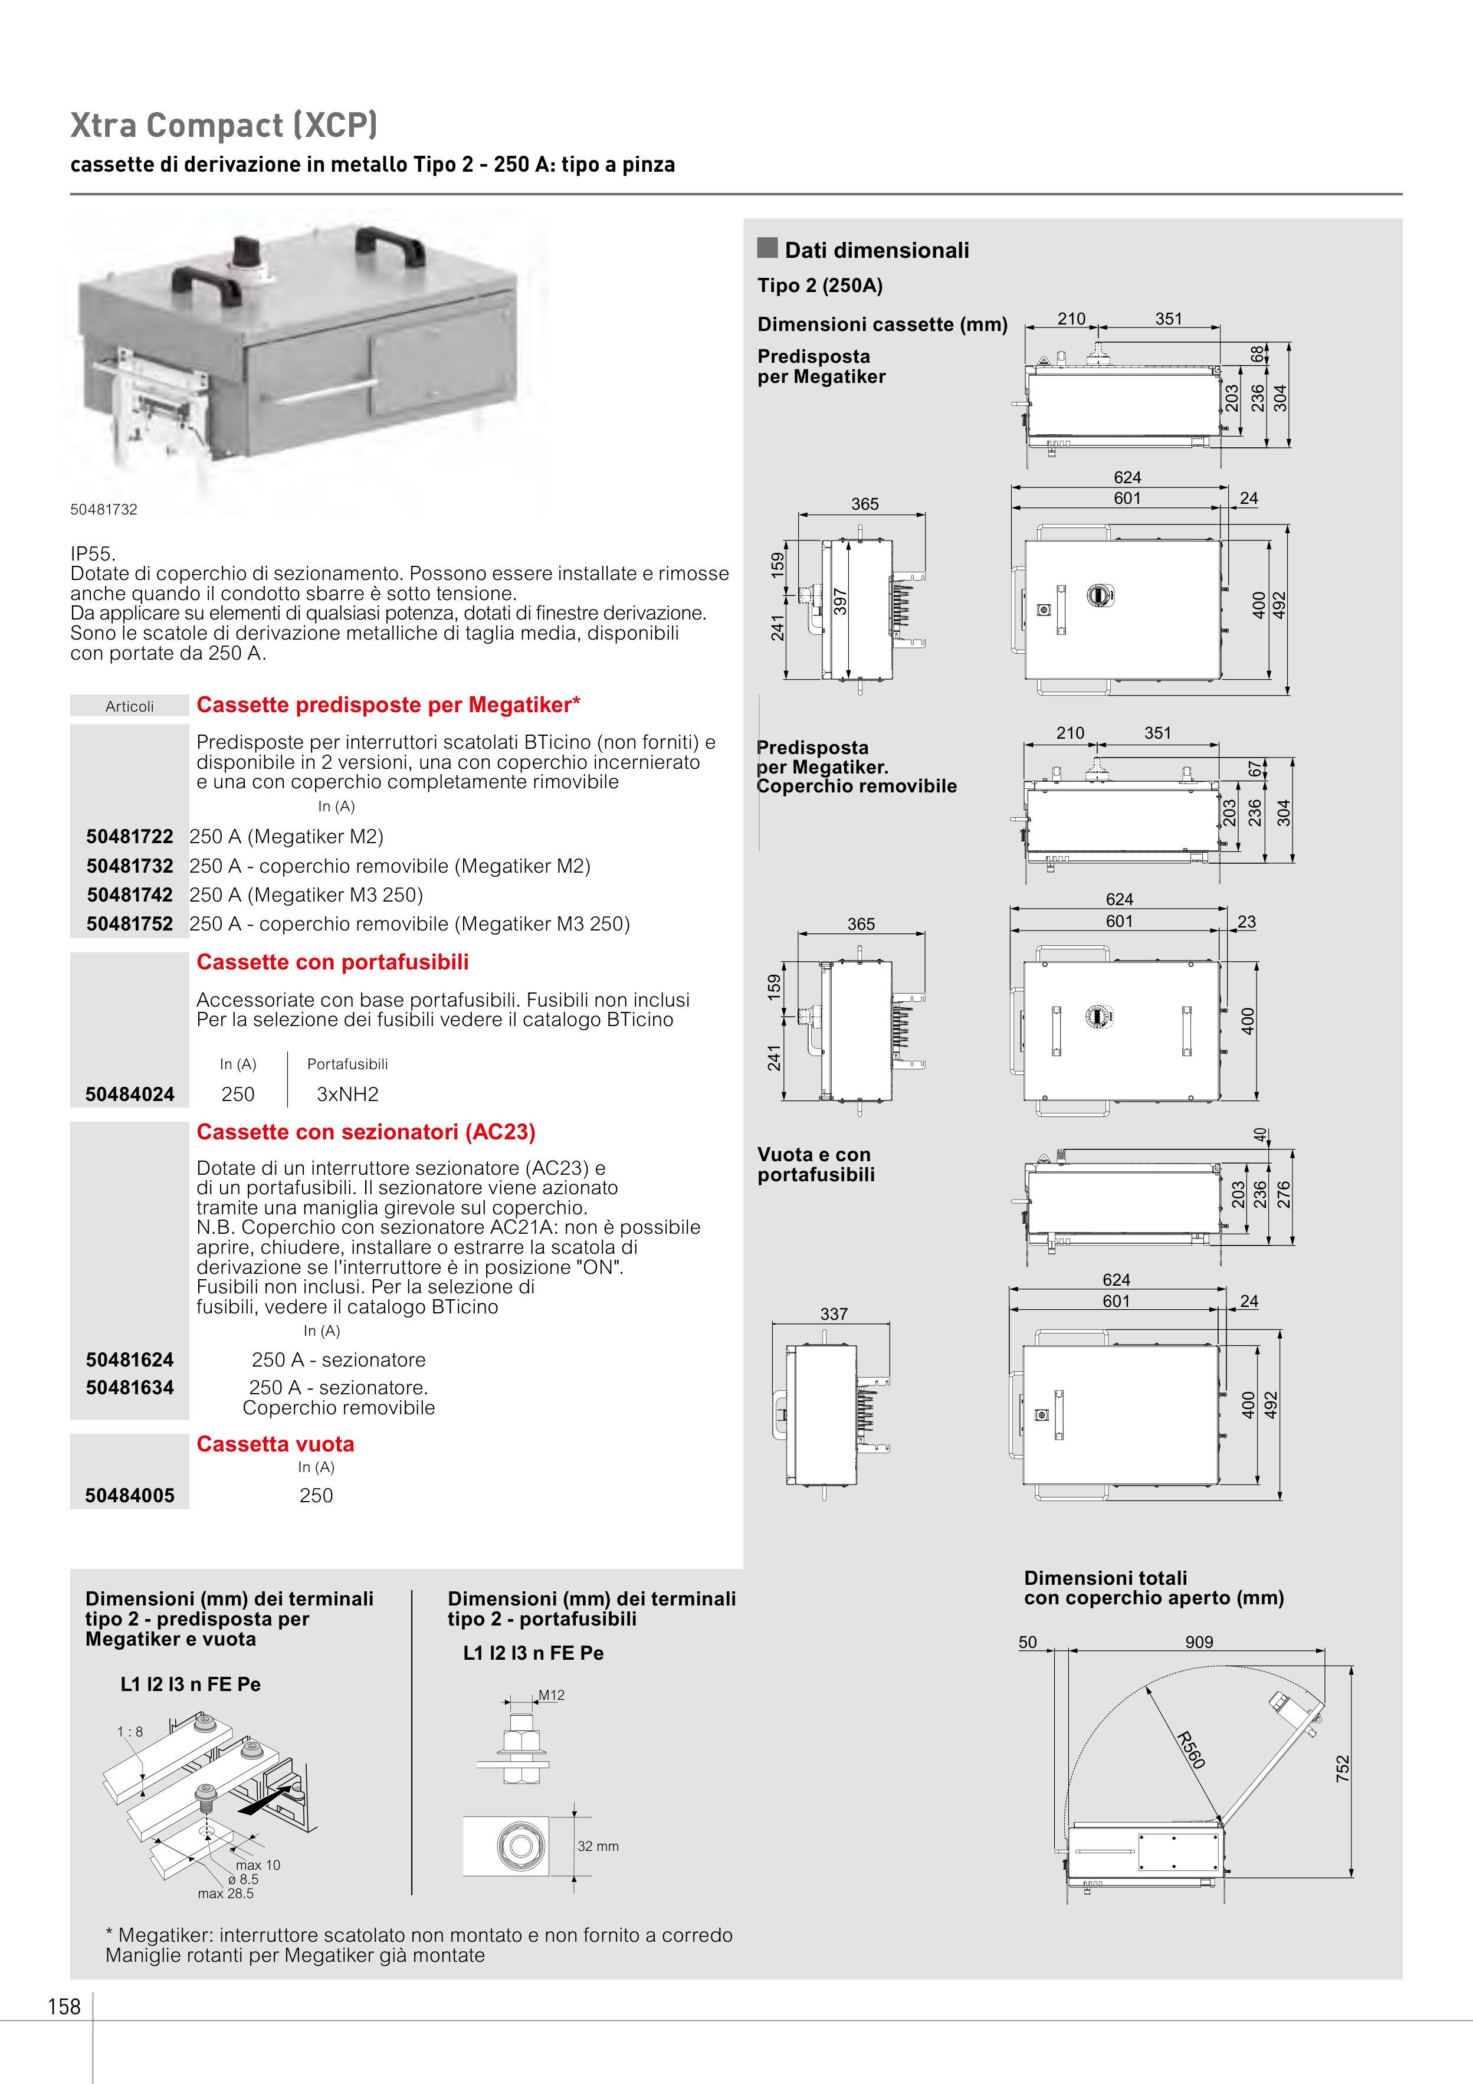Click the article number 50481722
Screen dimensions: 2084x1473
(130, 837)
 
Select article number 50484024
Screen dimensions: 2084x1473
(130, 1095)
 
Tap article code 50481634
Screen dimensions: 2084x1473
(130, 1387)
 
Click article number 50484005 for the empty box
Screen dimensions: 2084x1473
(130, 1496)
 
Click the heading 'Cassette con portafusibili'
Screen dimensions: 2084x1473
(332, 962)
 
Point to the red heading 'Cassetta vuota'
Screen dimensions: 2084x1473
(275, 1444)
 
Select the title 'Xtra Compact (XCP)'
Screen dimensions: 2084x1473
(223, 125)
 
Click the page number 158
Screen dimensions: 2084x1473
(64, 2007)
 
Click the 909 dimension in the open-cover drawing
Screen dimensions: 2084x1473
(1199, 1642)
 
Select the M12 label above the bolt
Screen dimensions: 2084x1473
(552, 1695)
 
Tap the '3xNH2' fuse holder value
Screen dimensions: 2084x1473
(347, 1095)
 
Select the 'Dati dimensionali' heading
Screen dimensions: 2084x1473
(877, 251)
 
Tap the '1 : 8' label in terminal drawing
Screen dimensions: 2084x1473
(130, 1732)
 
